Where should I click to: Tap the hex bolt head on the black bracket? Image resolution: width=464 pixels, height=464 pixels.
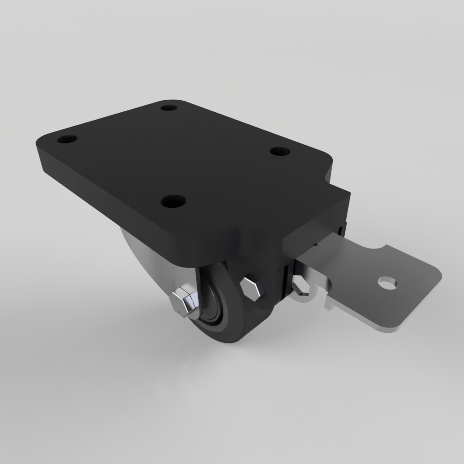[x=251, y=287]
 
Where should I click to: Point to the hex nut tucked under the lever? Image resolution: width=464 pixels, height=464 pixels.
[x=300, y=285]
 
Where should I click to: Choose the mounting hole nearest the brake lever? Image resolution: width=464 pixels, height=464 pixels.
[x=280, y=151]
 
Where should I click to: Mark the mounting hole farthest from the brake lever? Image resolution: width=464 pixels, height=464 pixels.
[x=67, y=139]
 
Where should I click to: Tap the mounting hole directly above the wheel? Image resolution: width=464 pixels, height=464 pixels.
[x=174, y=201]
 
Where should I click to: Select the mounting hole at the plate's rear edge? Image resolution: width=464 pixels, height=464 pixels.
[x=169, y=108]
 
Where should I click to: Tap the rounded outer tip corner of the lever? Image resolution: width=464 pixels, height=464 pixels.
[x=436, y=276]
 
